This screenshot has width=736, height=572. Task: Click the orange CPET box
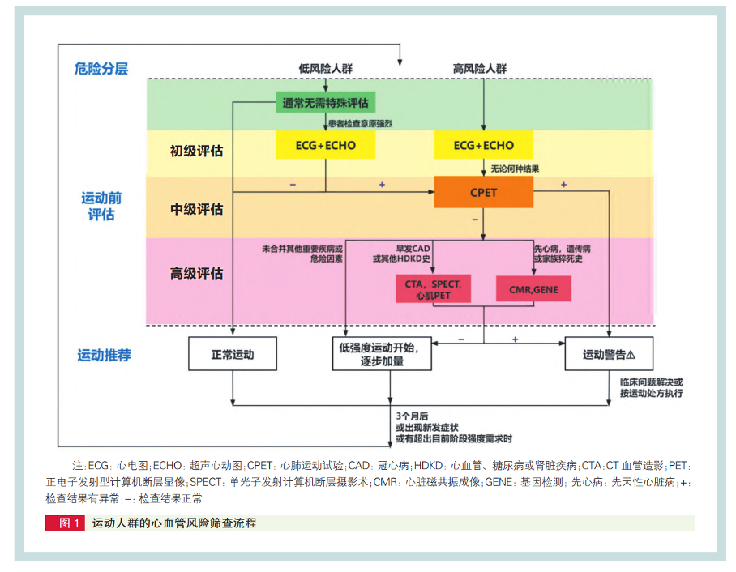[x=483, y=193]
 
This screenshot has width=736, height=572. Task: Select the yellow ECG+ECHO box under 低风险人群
[x=325, y=146]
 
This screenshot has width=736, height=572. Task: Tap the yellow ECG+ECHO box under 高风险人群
[x=484, y=146]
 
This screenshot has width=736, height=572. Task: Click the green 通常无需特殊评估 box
[x=325, y=103]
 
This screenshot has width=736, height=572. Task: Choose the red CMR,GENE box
[x=533, y=289]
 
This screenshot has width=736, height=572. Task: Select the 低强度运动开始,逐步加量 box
[x=381, y=354]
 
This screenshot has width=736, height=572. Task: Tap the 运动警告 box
[x=609, y=354]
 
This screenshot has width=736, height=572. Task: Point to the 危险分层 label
[x=101, y=69]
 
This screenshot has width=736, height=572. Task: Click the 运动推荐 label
[x=104, y=355]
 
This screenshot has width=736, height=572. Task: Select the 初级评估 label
[x=196, y=151]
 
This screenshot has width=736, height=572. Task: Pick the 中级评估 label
[x=196, y=209]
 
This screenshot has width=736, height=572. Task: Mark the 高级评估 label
[x=196, y=273]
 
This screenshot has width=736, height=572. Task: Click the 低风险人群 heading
[x=325, y=69]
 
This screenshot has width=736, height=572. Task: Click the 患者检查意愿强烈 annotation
[x=360, y=123]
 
